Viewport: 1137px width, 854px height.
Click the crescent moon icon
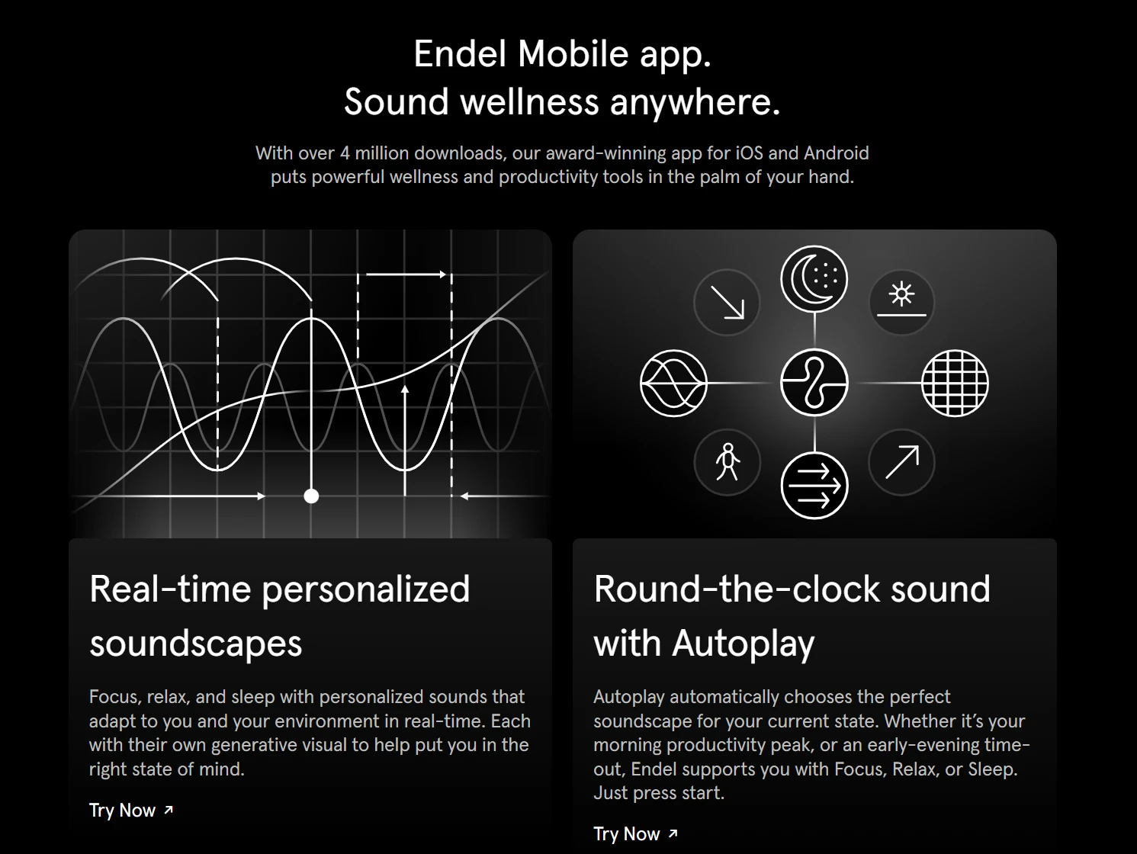pyautogui.click(x=814, y=279)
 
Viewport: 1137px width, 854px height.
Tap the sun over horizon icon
pyautogui.click(x=901, y=301)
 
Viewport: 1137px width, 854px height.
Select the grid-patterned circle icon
pyautogui.click(x=955, y=383)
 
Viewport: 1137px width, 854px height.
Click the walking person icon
pyautogui.click(x=727, y=462)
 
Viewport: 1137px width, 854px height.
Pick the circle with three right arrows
pyautogui.click(x=814, y=486)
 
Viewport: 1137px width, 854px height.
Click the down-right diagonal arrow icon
pyautogui.click(x=727, y=302)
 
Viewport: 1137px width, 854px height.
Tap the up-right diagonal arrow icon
pyautogui.click(x=901, y=462)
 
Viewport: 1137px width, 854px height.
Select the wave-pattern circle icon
pyautogui.click(x=673, y=383)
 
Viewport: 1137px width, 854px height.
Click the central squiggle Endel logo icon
pyautogui.click(x=814, y=383)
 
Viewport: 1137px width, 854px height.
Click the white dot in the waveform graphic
pyautogui.click(x=311, y=496)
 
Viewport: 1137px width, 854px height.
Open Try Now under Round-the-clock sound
pyautogui.click(x=635, y=834)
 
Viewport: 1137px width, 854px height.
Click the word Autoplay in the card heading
pyautogui.click(x=743, y=643)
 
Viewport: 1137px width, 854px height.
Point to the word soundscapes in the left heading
pyautogui.click(x=196, y=643)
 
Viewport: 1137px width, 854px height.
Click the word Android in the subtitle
pyautogui.click(x=836, y=153)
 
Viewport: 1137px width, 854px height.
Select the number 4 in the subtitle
pyautogui.click(x=345, y=153)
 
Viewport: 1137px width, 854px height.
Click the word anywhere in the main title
pyautogui.click(x=695, y=102)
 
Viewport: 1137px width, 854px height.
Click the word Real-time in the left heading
pyautogui.click(x=169, y=589)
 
